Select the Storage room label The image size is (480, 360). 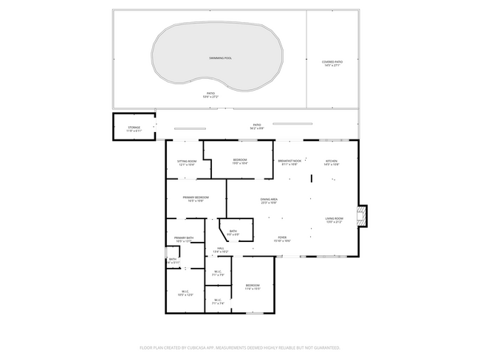coord(134,128)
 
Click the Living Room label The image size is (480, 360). coord(335,218)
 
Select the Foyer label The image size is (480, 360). coord(283,238)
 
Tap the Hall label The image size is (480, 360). coord(220,249)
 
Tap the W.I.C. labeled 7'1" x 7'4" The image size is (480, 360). coord(218,300)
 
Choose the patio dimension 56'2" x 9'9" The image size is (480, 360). coord(257,128)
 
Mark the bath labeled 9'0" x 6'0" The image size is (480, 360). coord(233,232)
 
